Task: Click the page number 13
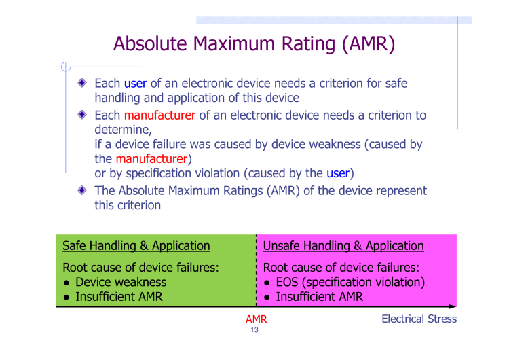(254, 330)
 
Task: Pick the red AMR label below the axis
(256, 319)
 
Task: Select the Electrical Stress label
(419, 319)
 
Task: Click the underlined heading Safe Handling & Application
(136, 246)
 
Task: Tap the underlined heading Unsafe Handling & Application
(343, 246)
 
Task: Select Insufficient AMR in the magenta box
(319, 297)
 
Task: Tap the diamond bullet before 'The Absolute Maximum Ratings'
(81, 191)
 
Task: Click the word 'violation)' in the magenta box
(400, 282)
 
